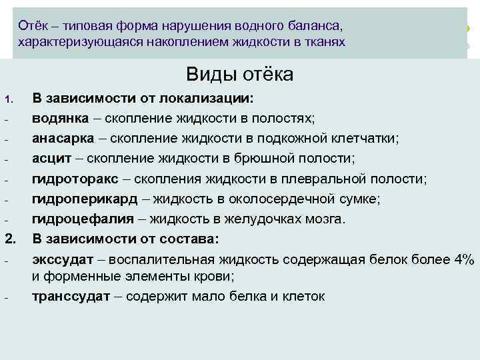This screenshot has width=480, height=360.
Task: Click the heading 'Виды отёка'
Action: point(239,74)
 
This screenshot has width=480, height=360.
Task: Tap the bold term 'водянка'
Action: point(61,118)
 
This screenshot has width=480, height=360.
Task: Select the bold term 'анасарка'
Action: point(65,138)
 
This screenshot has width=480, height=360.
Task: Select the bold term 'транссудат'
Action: point(71,296)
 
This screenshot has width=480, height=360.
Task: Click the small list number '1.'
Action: point(9,99)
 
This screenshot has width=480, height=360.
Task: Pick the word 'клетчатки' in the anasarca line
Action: point(365,138)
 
